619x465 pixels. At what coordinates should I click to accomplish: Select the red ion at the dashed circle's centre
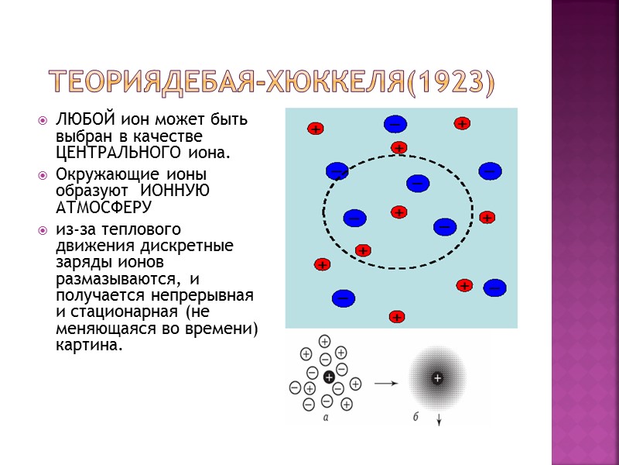(398, 212)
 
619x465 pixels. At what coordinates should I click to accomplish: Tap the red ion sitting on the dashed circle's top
(398, 147)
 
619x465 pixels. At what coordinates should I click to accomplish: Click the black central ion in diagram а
(330, 377)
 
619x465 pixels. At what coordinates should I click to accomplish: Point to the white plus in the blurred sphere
(438, 378)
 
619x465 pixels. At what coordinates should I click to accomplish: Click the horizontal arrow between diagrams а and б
(387, 381)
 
